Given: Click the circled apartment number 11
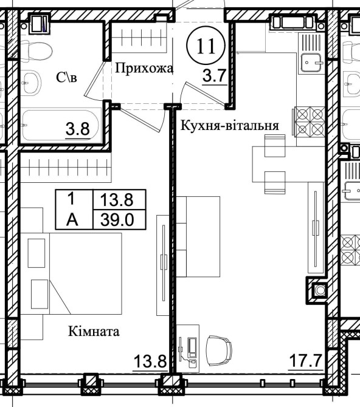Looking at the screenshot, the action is click(x=206, y=46).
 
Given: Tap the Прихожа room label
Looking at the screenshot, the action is click(x=144, y=69).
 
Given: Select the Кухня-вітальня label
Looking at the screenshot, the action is click(x=229, y=126).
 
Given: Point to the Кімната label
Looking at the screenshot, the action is click(x=94, y=332).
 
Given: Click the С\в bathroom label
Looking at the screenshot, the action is click(x=66, y=77).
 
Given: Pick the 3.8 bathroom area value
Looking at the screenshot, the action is click(x=78, y=129).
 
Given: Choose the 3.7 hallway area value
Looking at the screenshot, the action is click(x=215, y=76).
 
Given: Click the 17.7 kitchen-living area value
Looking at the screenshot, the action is click(x=306, y=361).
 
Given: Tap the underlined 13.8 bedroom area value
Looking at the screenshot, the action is click(x=150, y=361).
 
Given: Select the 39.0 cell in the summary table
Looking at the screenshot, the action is click(x=117, y=220).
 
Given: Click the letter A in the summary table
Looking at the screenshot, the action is click(x=72, y=220).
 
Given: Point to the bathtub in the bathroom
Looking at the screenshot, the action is click(x=60, y=125).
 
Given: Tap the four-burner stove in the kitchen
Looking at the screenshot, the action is click(x=310, y=121).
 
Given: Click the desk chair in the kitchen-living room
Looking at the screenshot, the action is click(x=219, y=351).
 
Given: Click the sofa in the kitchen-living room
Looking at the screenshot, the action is click(x=198, y=237).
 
